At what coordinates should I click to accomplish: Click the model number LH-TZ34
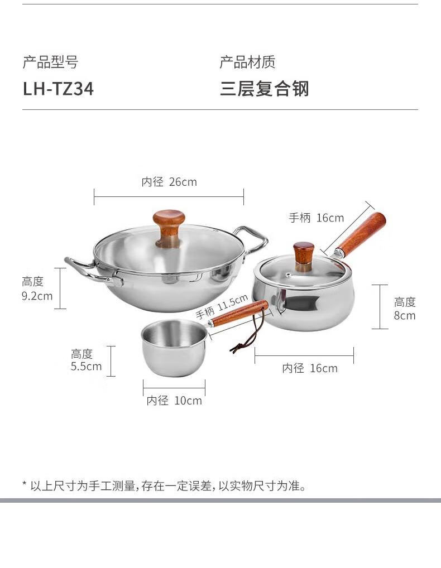click(x=59, y=89)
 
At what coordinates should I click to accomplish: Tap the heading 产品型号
click(x=50, y=62)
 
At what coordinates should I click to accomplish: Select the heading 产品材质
click(x=247, y=62)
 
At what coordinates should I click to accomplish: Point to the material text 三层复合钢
click(x=264, y=89)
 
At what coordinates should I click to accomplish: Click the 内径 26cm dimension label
click(x=169, y=181)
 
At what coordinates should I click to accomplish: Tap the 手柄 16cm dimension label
click(x=317, y=218)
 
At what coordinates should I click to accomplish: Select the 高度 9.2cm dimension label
click(x=37, y=288)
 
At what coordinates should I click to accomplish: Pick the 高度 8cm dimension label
click(x=405, y=309)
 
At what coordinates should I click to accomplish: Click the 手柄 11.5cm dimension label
click(x=222, y=306)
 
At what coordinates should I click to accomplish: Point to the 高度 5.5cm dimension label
click(x=86, y=360)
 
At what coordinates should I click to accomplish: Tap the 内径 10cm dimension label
click(x=174, y=400)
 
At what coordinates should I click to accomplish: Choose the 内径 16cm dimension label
click(x=310, y=368)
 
